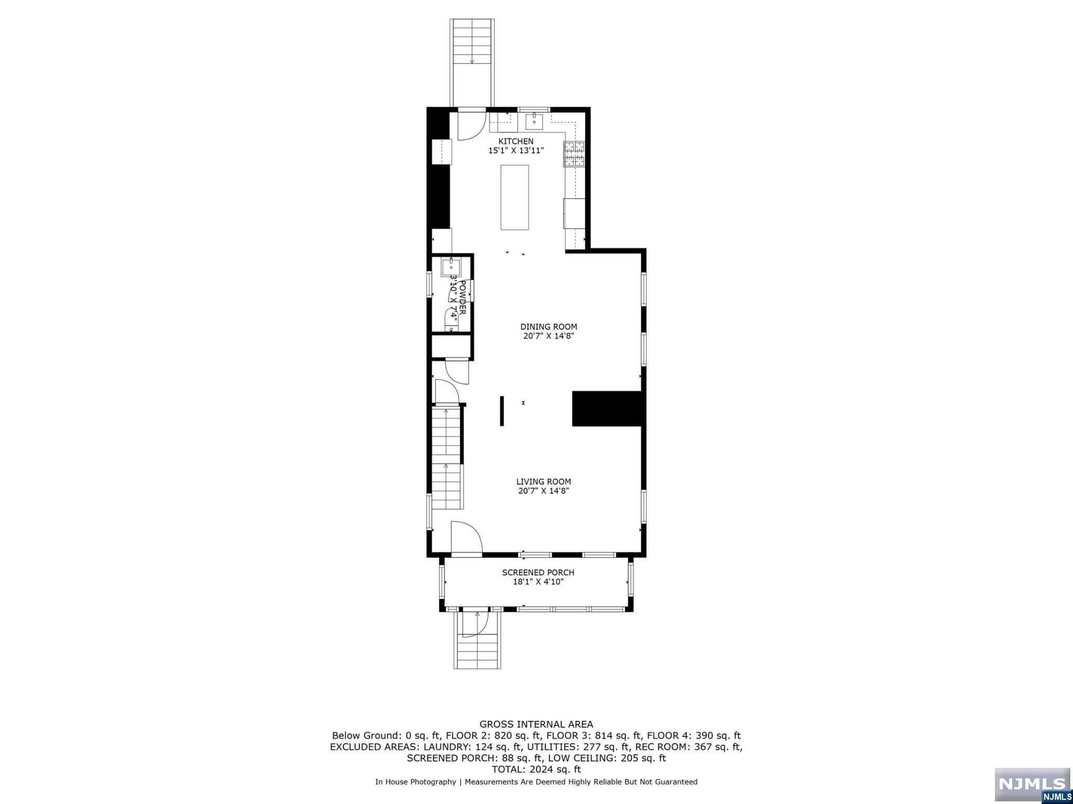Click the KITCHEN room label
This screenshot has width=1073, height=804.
(x=516, y=141)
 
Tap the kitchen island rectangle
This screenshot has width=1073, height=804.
(x=514, y=197)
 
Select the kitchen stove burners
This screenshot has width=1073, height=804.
(x=574, y=154)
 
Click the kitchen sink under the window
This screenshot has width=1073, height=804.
(x=534, y=121)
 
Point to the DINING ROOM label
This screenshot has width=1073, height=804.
(x=548, y=327)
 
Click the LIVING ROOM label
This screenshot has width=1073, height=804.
(x=543, y=482)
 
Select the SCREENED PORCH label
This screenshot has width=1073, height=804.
(x=538, y=573)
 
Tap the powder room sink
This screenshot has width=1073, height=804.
(x=450, y=267)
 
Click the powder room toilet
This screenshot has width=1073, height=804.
(x=451, y=319)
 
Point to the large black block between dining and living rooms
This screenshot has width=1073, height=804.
(x=607, y=408)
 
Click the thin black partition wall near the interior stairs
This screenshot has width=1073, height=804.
(x=501, y=411)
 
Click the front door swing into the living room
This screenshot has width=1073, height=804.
(x=466, y=538)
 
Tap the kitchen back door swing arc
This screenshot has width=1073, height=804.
(x=471, y=126)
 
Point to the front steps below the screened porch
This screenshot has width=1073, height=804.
(x=477, y=649)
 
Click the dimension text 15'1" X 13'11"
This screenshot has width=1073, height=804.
(x=516, y=151)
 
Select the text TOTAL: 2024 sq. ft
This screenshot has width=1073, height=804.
(x=536, y=769)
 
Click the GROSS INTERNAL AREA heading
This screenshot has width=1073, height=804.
(x=536, y=724)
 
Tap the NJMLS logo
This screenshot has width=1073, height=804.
(x=1032, y=785)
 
